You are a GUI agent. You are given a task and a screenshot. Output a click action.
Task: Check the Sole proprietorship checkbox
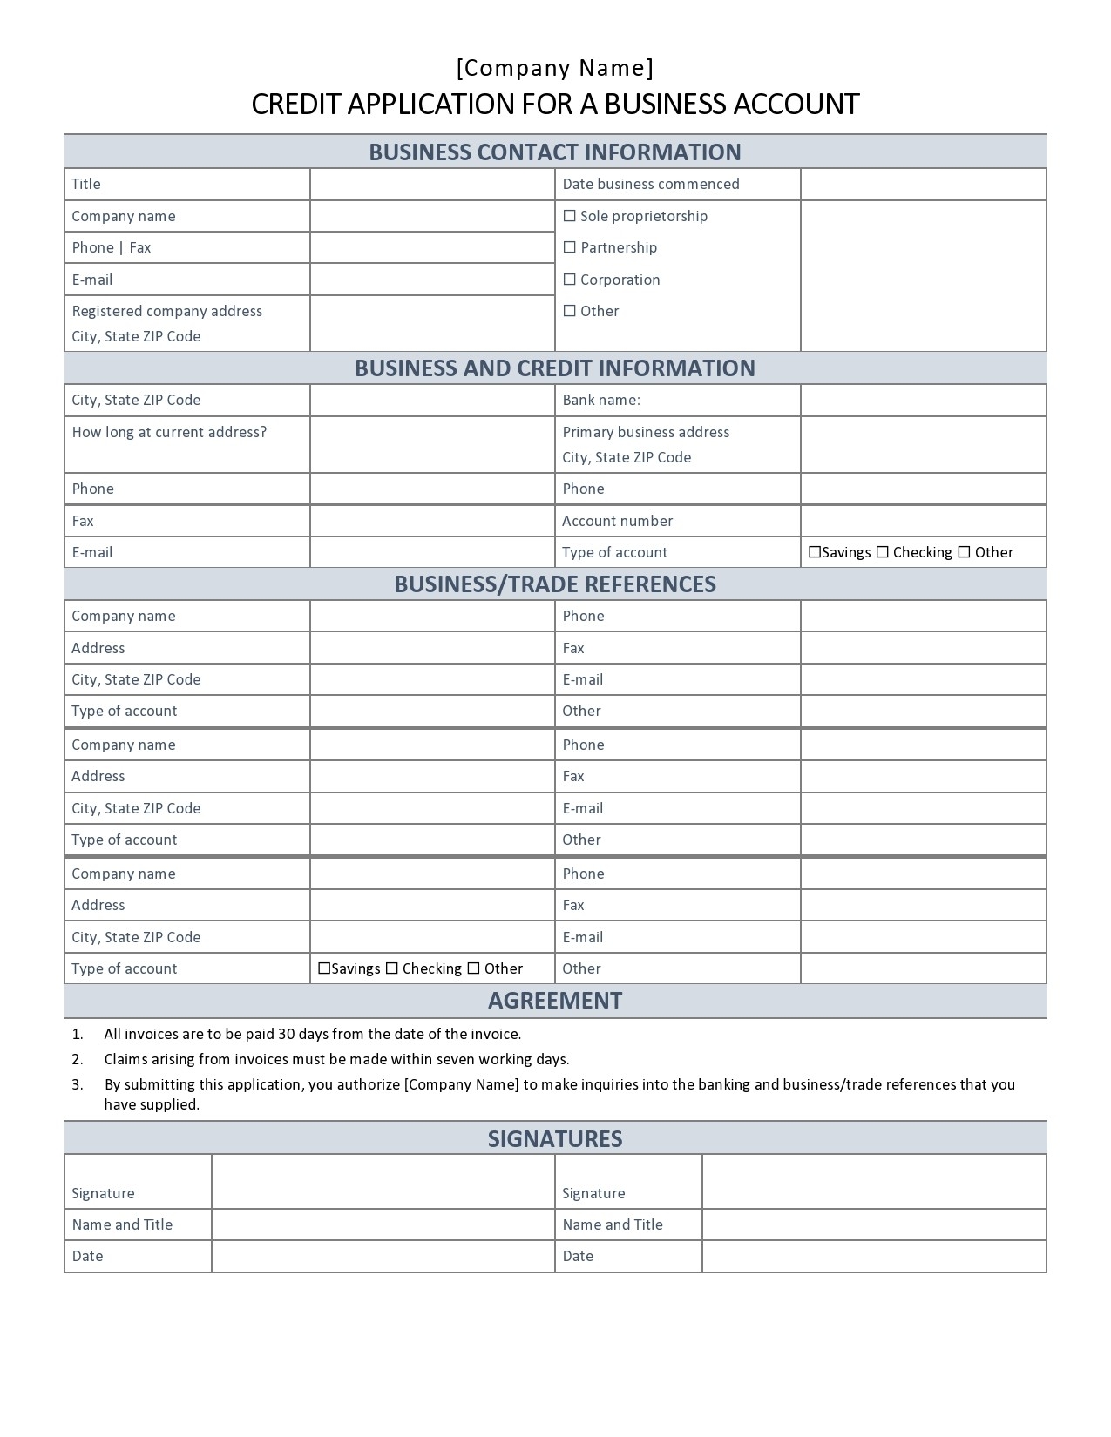(570, 216)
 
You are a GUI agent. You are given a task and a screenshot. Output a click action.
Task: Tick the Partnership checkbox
(570, 247)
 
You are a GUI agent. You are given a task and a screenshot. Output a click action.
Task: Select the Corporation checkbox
(570, 280)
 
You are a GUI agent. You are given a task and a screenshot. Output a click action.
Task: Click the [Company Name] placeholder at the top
(555, 68)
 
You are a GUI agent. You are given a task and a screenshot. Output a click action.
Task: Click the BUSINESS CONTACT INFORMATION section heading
(555, 152)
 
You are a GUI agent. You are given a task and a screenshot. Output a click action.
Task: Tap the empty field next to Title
(432, 184)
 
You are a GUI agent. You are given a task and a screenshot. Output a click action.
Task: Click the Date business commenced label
(650, 184)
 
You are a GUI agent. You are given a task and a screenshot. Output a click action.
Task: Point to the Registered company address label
(166, 311)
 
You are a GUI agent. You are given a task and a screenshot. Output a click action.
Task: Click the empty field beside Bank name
(923, 400)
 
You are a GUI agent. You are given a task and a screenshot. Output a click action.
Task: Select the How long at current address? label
(169, 432)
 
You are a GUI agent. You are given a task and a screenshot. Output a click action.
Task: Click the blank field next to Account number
(923, 521)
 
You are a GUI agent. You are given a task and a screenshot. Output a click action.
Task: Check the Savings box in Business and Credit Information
(815, 552)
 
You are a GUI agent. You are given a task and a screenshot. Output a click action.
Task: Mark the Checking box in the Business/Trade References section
(392, 968)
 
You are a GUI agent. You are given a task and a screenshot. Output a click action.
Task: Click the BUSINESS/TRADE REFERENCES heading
(555, 584)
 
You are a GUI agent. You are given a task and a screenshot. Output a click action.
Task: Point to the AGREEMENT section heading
(555, 1000)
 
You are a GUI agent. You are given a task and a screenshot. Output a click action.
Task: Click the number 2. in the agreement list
(78, 1059)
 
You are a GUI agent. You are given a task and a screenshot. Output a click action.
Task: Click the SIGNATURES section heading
(555, 1138)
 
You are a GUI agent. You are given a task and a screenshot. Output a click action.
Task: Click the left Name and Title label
(122, 1224)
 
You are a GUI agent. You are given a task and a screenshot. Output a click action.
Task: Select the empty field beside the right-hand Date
(873, 1256)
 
